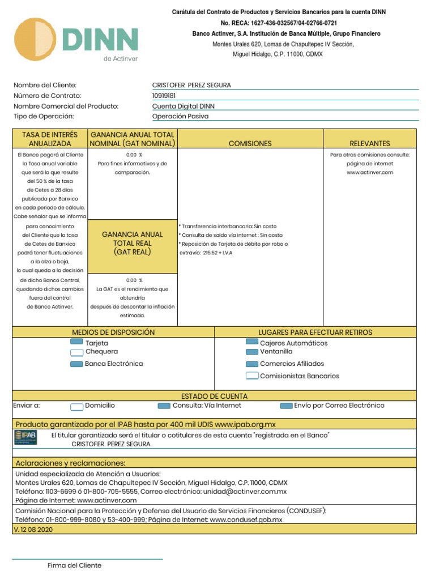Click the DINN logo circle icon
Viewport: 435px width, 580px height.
click(x=35, y=39)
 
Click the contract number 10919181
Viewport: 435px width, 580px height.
click(x=164, y=96)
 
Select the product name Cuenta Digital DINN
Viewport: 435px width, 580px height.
click(x=184, y=106)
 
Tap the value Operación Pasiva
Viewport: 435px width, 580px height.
click(x=180, y=116)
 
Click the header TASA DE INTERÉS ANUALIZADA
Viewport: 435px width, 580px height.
click(x=50, y=139)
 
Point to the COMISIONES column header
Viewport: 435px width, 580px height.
click(x=250, y=144)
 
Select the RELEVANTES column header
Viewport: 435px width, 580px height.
click(x=370, y=144)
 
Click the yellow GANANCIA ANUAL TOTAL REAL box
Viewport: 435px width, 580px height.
click(x=132, y=243)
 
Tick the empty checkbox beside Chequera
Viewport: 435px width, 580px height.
click(x=76, y=352)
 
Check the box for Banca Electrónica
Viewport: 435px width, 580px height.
click(x=76, y=364)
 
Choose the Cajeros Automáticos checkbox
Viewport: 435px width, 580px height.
click(x=252, y=342)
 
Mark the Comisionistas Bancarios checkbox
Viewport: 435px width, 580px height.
click(x=252, y=376)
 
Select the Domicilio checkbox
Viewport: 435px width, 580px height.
click(x=76, y=406)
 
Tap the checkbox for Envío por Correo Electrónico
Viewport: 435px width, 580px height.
click(x=286, y=406)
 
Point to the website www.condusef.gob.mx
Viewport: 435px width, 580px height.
click(x=246, y=519)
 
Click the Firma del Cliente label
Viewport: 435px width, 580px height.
click(x=74, y=565)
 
